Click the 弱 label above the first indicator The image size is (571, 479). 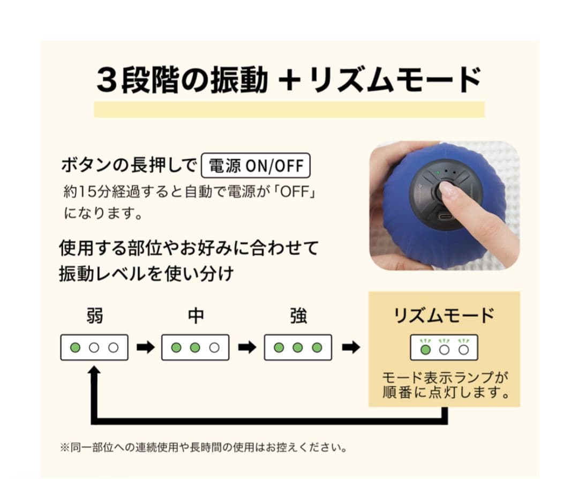[x=94, y=316]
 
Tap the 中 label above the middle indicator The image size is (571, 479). [x=196, y=316]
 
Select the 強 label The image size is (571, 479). [x=298, y=316]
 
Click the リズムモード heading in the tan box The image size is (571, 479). [x=444, y=316]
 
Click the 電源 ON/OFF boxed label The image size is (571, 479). [x=256, y=166]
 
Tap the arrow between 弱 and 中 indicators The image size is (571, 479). [x=145, y=348]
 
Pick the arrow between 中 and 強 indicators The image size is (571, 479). [x=247, y=348]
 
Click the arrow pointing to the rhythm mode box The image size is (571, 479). [x=351, y=348]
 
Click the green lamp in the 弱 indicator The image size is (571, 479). [x=76, y=348]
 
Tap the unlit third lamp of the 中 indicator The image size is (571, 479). [x=215, y=348]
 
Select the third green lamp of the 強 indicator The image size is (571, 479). [x=317, y=348]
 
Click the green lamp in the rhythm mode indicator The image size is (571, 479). [x=425, y=350]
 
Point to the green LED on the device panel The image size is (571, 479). [x=438, y=173]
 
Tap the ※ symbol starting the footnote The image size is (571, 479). [x=64, y=446]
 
